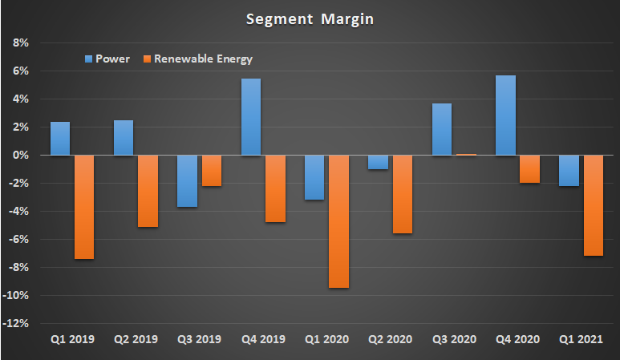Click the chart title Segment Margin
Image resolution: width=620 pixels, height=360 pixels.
310,18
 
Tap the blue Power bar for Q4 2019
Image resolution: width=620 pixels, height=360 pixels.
251,116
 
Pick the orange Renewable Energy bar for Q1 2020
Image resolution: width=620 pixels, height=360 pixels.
339,221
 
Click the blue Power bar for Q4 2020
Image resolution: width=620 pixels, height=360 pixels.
505,115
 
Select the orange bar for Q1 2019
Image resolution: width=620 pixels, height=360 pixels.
84,207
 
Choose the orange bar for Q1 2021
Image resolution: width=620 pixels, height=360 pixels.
594,205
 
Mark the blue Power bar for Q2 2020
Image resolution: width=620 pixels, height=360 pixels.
378,162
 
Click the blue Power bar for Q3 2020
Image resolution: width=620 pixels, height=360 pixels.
442,129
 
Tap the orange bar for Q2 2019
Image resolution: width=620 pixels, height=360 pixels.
148,191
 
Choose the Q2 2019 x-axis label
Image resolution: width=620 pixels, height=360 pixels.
135,339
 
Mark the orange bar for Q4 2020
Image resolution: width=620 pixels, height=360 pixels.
530,169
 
